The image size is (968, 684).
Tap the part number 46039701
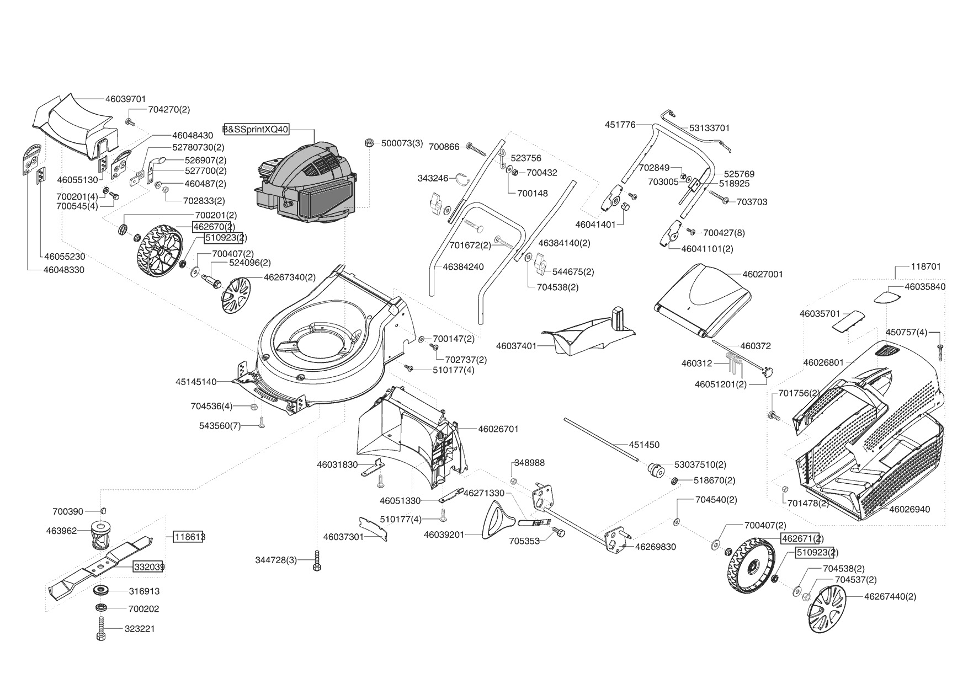125,99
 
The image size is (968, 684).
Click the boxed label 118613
189,537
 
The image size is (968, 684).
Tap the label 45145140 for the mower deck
196,382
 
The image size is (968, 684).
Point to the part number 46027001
763,274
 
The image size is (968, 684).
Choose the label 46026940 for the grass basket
910,509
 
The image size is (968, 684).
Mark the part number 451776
620,125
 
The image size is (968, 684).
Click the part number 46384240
463,267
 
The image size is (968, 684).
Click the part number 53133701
709,128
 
